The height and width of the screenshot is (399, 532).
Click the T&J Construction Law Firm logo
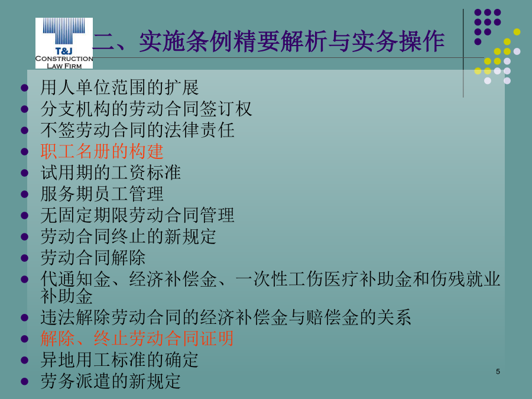[64, 43]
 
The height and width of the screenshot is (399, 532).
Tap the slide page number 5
[498, 372]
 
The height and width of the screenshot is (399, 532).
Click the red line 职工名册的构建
[102, 151]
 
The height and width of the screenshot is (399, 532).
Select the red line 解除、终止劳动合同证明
[137, 339]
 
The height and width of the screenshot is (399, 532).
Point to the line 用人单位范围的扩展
[119, 87]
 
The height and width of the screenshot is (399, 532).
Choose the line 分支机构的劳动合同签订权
[146, 109]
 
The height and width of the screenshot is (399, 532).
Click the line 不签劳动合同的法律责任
[137, 130]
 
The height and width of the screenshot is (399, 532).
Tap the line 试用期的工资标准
[111, 173]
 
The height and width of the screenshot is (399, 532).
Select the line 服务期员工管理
[102, 194]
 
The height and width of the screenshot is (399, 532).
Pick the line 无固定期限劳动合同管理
[137, 215]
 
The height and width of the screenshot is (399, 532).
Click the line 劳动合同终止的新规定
[128, 236]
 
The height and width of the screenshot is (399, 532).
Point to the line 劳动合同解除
[93, 258]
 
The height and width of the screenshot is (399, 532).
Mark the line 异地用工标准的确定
[119, 360]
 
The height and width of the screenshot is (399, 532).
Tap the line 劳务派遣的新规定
[111, 381]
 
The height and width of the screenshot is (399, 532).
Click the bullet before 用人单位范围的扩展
[24, 88]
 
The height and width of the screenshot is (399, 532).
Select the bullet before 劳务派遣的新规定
[24, 381]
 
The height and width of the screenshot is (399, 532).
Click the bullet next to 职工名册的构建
[24, 152]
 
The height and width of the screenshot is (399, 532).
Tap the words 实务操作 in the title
[398, 41]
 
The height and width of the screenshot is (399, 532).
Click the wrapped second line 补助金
[66, 296]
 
